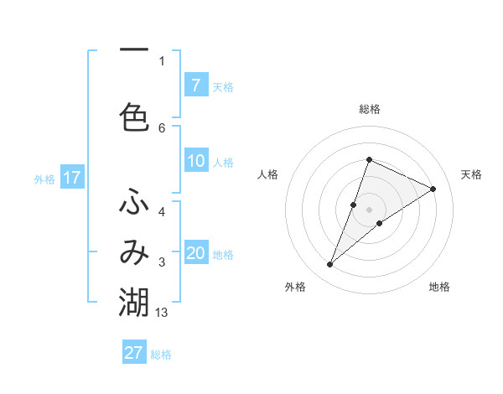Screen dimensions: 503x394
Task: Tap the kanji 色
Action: [134, 116]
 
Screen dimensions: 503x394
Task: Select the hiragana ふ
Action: [134, 204]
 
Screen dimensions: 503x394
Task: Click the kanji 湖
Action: [134, 301]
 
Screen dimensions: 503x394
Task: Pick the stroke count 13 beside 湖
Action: [162, 313]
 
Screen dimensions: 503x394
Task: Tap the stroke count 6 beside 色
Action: [162, 127]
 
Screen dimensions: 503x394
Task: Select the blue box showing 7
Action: [195, 85]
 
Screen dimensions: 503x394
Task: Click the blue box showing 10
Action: [195, 161]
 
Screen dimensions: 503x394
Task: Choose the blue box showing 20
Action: [195, 253]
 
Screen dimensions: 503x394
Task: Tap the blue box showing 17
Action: [71, 178]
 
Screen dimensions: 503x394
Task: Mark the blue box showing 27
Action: [134, 353]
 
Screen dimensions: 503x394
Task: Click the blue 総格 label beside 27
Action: [162, 355]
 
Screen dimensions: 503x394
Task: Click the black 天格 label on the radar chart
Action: [472, 174]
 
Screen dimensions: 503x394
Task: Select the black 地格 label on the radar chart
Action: [439, 287]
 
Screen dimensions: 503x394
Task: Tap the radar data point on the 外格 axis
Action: [330, 265]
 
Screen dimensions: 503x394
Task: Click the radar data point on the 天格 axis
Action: [433, 189]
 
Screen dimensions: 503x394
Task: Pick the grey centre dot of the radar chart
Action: [370, 209]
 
